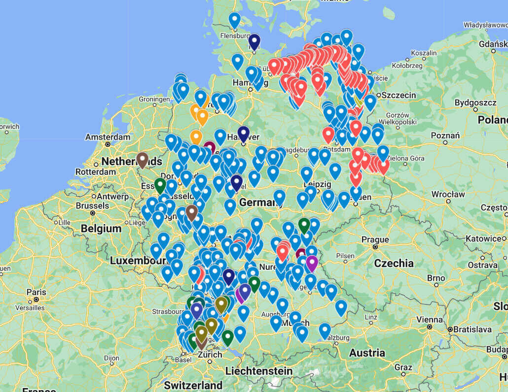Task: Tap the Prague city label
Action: pos(375,240)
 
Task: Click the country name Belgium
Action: pos(101,229)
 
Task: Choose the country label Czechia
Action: pos(394,263)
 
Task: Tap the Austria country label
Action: pos(367,353)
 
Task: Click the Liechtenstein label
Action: pos(258,370)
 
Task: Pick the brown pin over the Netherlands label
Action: pos(143,159)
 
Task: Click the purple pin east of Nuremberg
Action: pos(312,262)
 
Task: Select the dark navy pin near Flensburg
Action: pos(254,41)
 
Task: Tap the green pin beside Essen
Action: pos(160,185)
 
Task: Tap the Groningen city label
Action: pos(154,99)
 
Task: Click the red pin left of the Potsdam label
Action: pos(328,133)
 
